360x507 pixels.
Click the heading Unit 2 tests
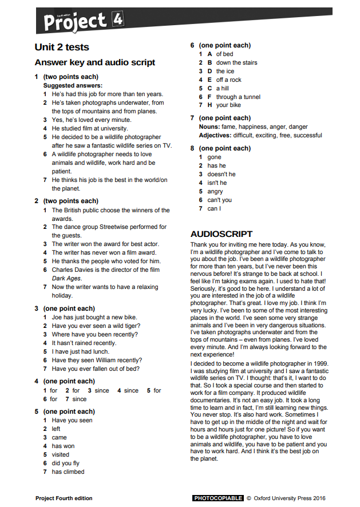tap(62, 47)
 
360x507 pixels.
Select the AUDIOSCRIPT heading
tap(221, 234)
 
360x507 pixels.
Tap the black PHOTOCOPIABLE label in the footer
tap(218, 498)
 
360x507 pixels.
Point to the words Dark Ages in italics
tap(66, 279)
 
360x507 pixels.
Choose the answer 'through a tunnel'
tap(238, 97)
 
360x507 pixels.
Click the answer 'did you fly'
tap(66, 464)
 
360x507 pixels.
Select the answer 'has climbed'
tap(68, 472)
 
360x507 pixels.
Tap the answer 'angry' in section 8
tap(215, 192)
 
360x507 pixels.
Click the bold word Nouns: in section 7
tap(209, 127)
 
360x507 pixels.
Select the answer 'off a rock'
tap(229, 80)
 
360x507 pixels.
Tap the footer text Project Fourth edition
tap(64, 498)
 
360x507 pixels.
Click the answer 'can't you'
tap(220, 200)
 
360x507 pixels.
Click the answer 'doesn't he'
tap(221, 175)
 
